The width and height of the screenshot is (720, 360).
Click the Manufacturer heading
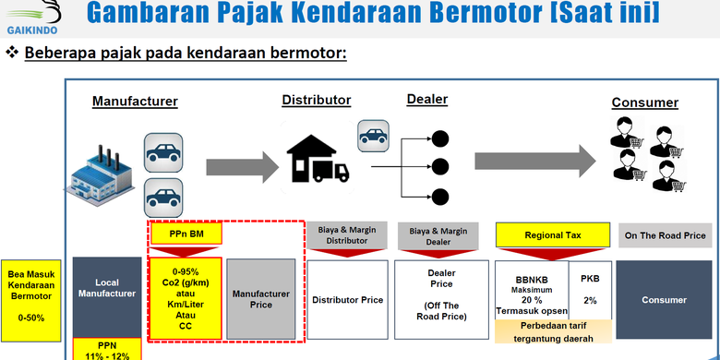135,102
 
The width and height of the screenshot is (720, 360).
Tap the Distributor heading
316,100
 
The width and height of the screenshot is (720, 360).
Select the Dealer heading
426,99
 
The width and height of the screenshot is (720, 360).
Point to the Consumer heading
644,102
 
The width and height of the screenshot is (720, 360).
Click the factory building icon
102,174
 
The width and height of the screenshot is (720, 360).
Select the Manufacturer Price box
261,297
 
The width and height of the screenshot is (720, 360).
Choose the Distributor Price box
347,299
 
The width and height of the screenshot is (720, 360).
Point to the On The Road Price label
666,235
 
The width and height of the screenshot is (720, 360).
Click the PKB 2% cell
590,288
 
